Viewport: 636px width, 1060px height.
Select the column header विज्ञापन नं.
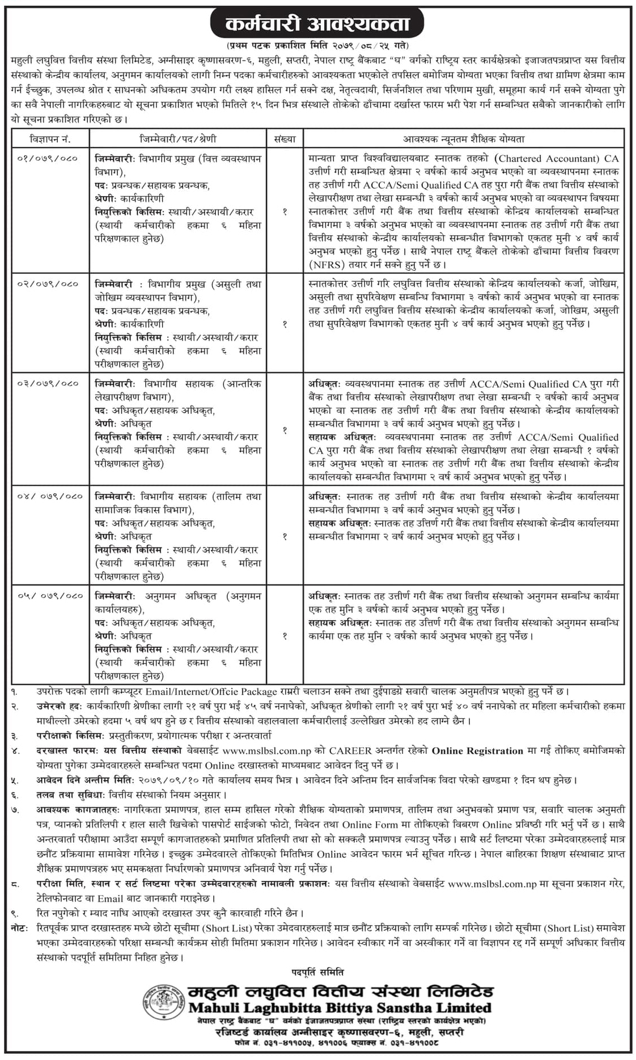click(50, 139)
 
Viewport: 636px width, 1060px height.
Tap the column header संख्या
click(285, 139)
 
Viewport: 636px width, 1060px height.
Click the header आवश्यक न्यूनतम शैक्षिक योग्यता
click(463, 139)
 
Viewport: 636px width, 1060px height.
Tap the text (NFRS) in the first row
click(325, 265)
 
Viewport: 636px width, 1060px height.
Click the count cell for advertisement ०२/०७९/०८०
click(285, 324)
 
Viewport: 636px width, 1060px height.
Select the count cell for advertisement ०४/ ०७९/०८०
click(285, 536)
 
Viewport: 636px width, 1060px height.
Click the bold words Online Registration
click(477, 751)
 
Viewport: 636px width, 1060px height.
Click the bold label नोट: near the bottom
click(20, 928)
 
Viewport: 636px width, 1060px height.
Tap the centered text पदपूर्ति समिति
click(318, 973)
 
